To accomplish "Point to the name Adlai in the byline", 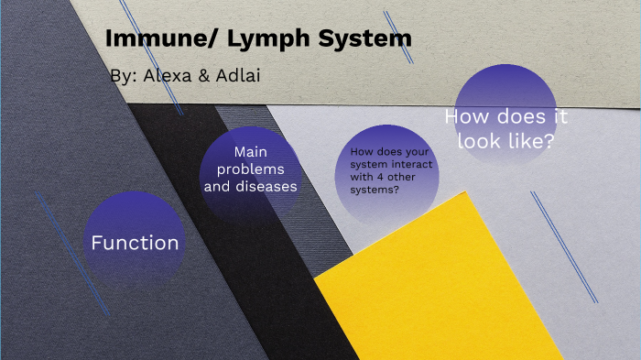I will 237,76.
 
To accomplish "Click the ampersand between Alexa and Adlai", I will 202,76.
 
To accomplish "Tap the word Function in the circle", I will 135,243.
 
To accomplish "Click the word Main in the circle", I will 251,152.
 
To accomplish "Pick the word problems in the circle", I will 251,169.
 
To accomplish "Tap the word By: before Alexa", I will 121,76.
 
